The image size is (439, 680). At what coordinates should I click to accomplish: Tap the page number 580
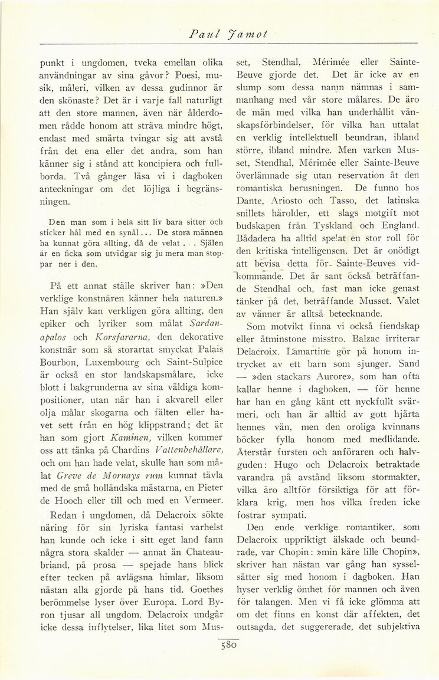click(227, 646)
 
